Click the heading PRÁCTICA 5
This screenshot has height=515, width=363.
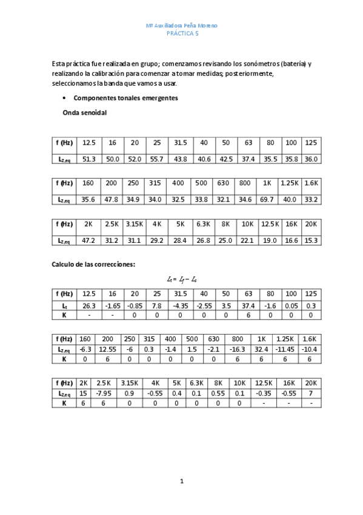point(182,34)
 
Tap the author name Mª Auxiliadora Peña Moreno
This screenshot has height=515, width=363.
point(182,26)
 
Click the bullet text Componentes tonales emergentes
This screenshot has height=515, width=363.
point(125,98)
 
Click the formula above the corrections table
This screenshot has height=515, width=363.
point(182,279)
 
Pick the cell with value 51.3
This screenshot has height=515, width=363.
point(89,159)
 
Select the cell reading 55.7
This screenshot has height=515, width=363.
point(157,159)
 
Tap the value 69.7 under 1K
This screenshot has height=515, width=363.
point(267,199)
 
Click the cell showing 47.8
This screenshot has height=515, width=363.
point(111,199)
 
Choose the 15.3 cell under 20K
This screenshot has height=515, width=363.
point(310,240)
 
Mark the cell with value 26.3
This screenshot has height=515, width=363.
point(89,305)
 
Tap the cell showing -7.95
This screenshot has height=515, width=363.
point(104,394)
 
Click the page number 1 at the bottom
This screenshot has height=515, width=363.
point(182,482)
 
